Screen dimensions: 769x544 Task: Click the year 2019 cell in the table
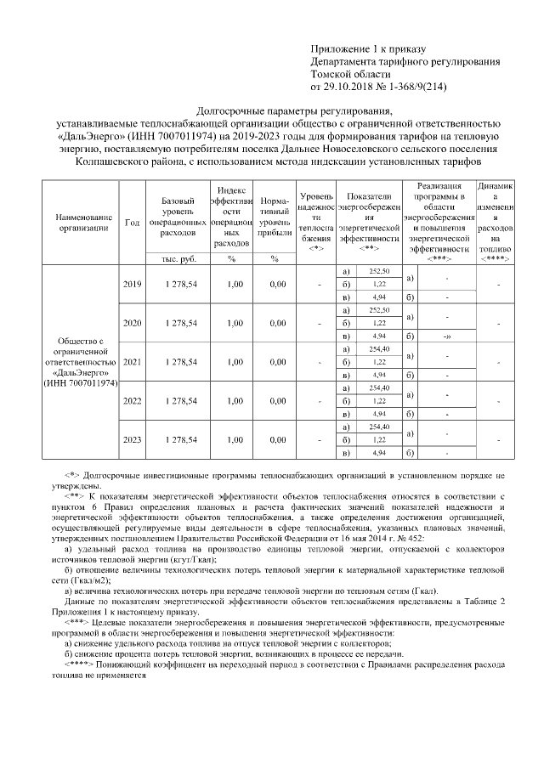coord(133,283)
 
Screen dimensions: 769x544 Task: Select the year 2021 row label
coord(133,362)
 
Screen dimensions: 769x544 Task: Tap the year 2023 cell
coord(133,440)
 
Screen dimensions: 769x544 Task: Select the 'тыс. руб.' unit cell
coord(178,258)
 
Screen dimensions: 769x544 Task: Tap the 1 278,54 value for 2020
coord(178,323)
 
